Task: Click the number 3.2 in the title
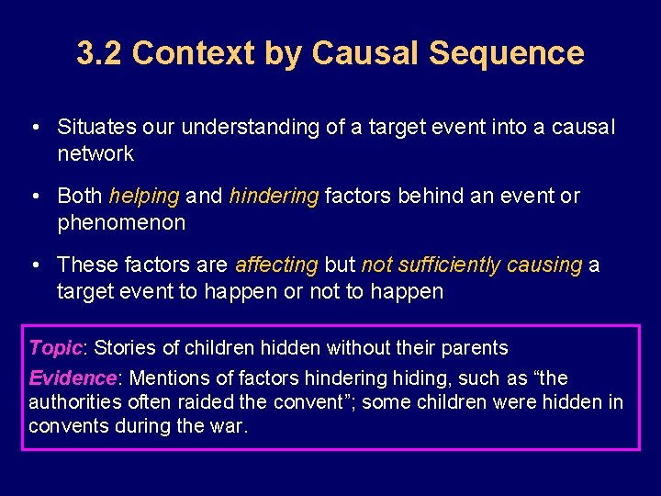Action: pos(99,53)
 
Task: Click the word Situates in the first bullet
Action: pos(93,128)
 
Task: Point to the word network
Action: pos(95,153)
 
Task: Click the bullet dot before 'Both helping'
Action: pos(34,197)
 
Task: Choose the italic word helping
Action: pos(144,197)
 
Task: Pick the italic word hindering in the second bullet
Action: pos(274,197)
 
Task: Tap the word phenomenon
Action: pos(121,222)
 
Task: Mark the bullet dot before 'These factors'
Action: pos(34,265)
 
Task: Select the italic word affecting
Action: pos(276,265)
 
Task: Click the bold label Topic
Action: pos(55,348)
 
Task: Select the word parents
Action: pos(476,348)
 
